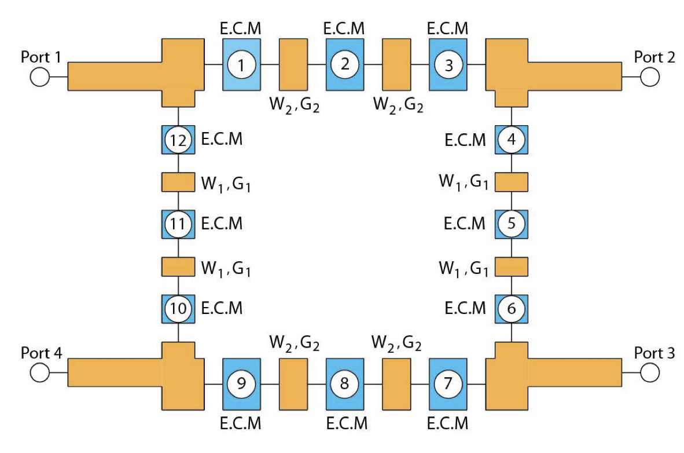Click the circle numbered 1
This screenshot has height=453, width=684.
click(x=242, y=64)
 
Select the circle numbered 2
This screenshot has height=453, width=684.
click(x=345, y=64)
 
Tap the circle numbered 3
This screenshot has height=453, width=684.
click(x=448, y=64)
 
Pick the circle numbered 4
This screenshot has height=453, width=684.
click(x=512, y=140)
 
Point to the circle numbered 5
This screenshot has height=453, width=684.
click(x=512, y=224)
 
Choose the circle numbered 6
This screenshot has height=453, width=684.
click(x=512, y=309)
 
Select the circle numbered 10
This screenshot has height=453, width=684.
click(x=178, y=309)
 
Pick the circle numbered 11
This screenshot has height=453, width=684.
click(x=178, y=224)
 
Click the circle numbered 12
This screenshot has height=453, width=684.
click(x=178, y=140)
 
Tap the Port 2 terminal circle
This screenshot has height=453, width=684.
click(x=650, y=76)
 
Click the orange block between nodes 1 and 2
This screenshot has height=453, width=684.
click(x=293, y=64)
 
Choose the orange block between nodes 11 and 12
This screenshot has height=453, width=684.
click(x=178, y=182)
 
